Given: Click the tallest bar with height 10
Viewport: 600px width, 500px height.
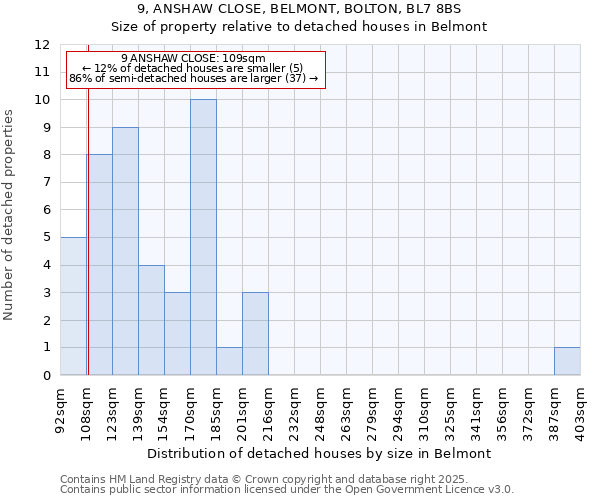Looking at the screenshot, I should click(x=203, y=238).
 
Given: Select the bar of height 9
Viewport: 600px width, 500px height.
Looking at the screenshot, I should click(x=125, y=251).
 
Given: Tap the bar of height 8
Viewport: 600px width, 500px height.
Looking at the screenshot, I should click(x=100, y=265).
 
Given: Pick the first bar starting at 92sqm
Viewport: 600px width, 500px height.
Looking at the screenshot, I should click(x=73, y=306).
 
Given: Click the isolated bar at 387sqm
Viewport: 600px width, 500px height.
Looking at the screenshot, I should click(x=567, y=361).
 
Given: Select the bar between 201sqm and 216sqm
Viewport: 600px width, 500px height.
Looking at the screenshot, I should click(x=255, y=334).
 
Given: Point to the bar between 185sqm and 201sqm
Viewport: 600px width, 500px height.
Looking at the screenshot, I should click(x=229, y=361).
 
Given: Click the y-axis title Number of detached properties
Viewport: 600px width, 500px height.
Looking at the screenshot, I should click(x=10, y=214).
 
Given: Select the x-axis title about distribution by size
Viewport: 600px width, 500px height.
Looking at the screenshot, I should click(x=320, y=453).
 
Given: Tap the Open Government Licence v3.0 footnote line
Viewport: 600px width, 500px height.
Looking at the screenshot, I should click(x=287, y=490).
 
